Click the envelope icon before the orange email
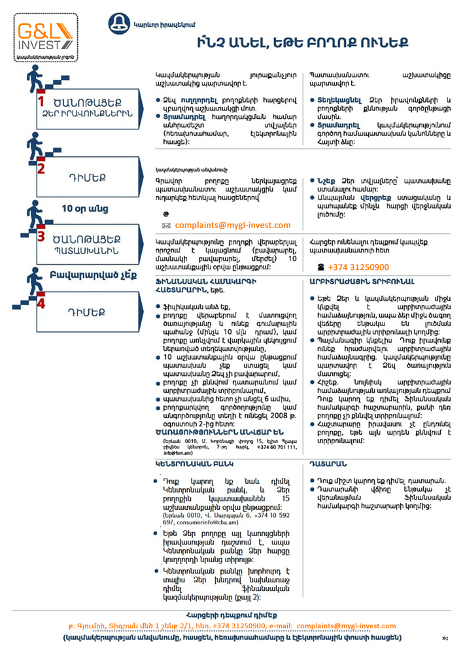click(166, 226)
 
